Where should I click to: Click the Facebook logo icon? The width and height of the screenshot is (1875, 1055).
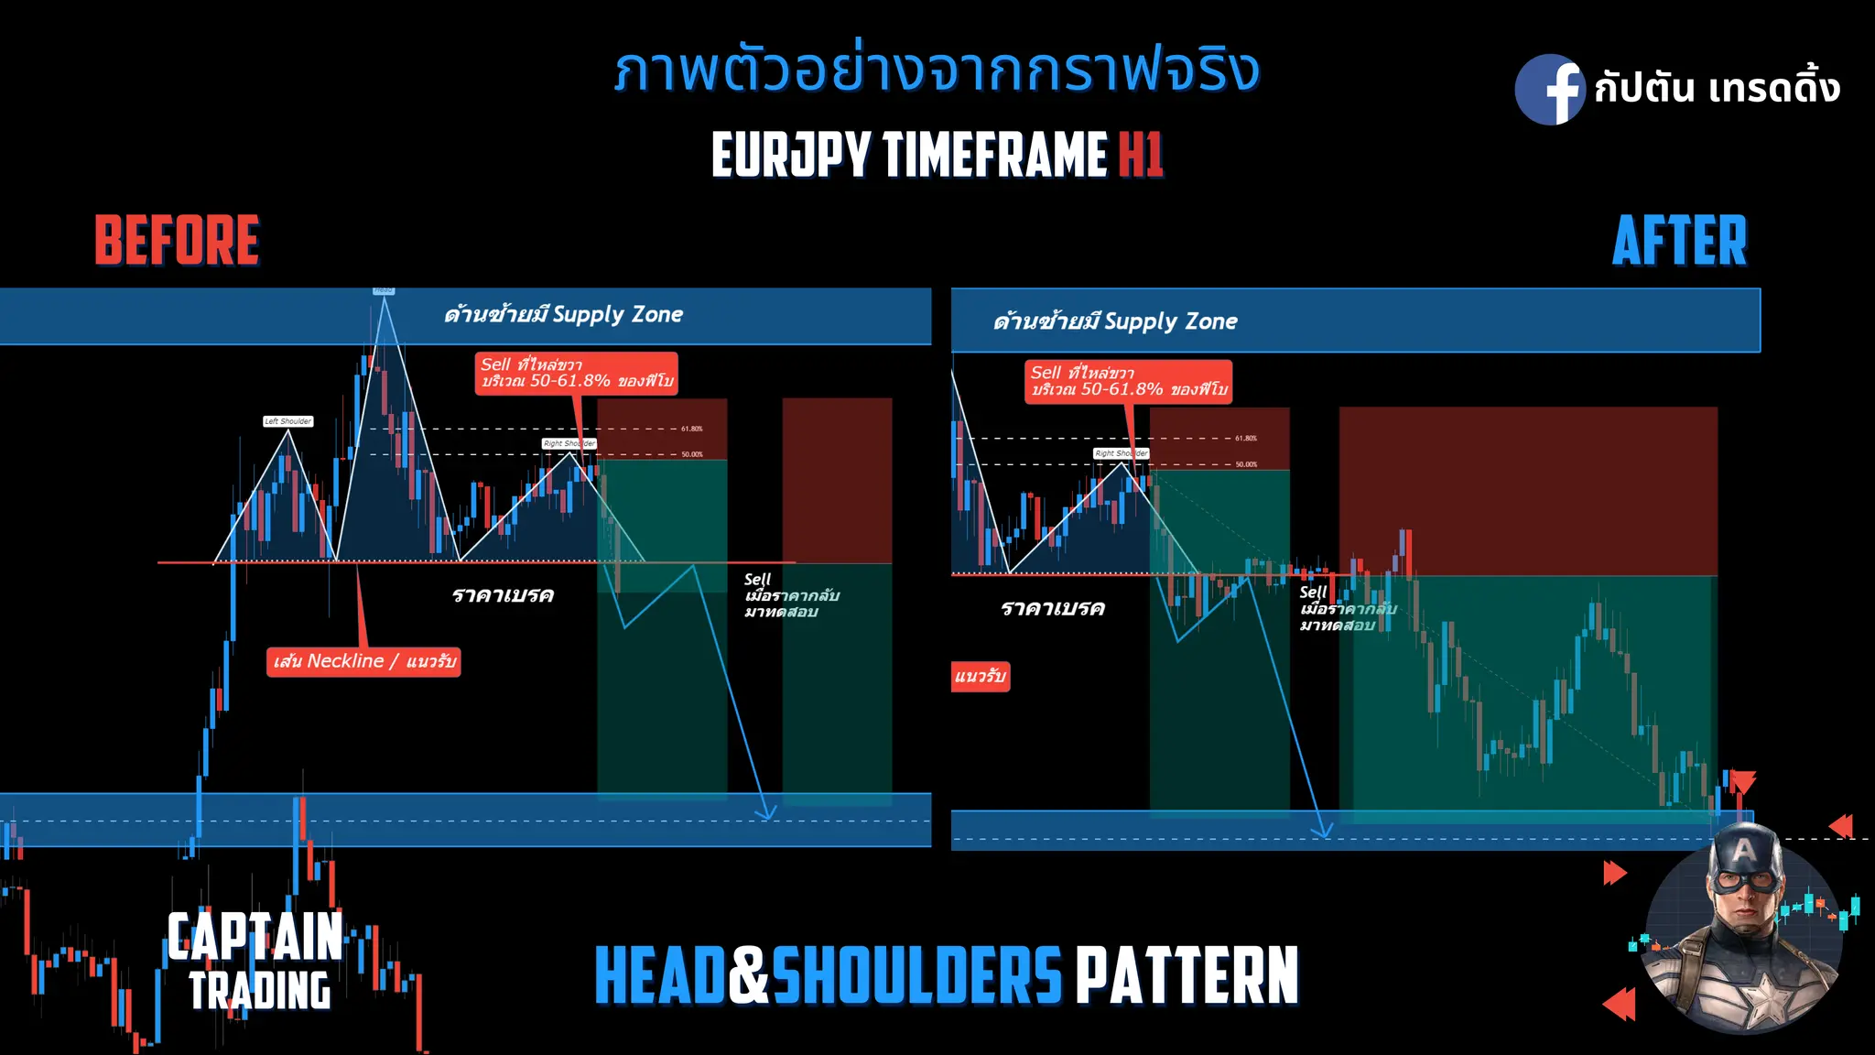[1549, 90]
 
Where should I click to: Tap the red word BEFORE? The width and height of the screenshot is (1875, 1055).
[177, 241]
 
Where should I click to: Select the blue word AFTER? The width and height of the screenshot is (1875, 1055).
[1679, 241]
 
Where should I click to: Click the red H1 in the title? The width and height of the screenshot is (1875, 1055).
[1141, 154]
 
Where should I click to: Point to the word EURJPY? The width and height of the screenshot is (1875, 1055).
[791, 154]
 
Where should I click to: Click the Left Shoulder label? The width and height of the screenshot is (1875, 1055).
[288, 421]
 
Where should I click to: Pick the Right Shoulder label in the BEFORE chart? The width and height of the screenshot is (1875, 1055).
[569, 443]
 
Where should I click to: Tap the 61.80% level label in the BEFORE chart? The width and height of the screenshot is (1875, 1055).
[692, 429]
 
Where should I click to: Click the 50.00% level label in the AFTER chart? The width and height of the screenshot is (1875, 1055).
[1246, 464]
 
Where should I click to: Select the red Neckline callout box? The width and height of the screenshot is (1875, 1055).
[363, 661]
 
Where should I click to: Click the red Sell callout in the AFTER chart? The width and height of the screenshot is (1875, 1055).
[1128, 381]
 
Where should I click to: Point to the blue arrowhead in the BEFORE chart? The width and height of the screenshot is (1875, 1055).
[766, 811]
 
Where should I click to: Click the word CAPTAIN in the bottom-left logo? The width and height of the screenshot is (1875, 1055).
[255, 936]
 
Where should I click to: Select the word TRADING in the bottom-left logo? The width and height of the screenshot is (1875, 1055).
[260, 991]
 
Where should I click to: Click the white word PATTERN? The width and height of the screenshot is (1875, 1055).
[1187, 976]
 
